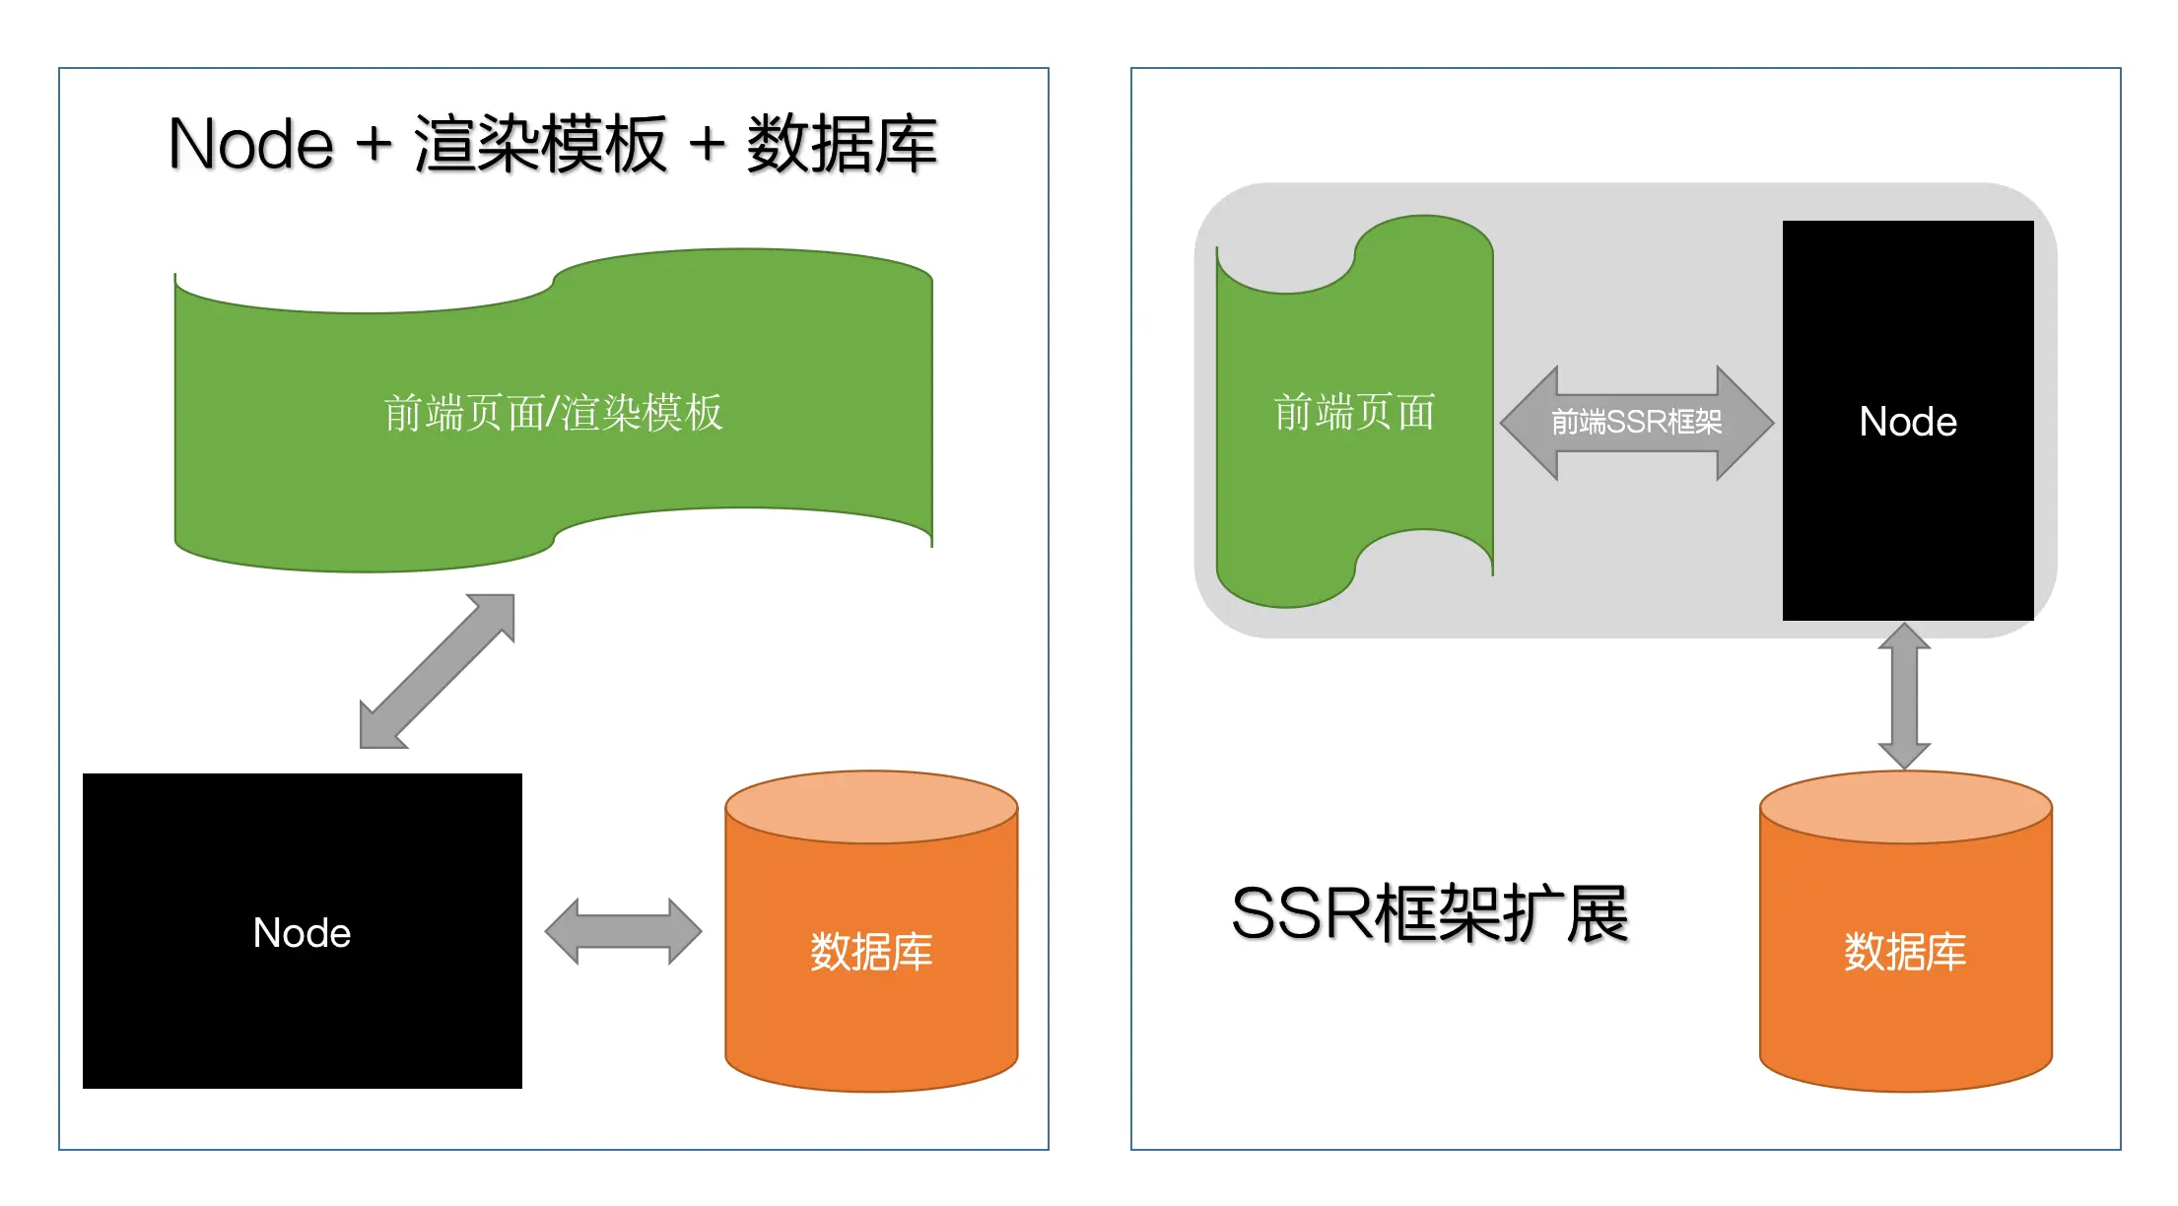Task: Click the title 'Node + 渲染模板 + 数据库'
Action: click(552, 144)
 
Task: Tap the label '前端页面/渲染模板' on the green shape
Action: click(553, 413)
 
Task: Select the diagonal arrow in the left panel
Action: click(437, 671)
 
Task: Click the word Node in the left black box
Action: click(302, 932)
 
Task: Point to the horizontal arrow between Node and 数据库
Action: click(623, 931)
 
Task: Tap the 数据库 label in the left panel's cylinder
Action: click(871, 951)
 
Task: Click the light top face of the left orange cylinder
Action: click(871, 806)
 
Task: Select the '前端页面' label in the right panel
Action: click(1354, 412)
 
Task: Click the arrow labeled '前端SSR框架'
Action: click(1637, 423)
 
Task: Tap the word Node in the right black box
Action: click(1908, 422)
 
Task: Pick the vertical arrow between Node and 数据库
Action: click(1904, 696)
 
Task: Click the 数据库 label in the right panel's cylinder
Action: click(1905, 951)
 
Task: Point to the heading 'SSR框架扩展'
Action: click(1429, 913)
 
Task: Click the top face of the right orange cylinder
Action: click(1905, 806)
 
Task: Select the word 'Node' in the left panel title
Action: click(251, 144)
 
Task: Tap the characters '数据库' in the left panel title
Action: click(841, 144)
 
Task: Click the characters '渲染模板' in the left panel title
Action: click(540, 144)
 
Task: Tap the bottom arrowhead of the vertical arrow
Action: click(1904, 753)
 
